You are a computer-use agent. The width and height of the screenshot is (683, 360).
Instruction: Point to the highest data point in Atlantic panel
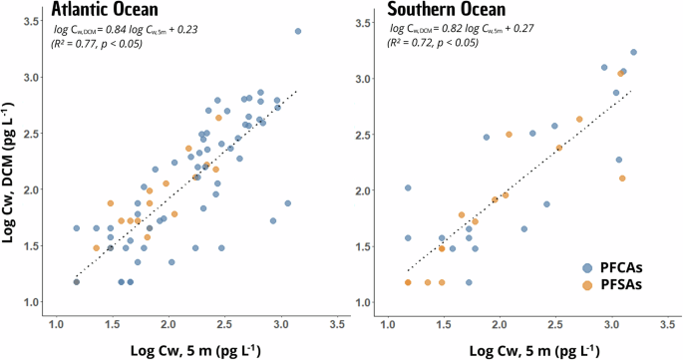click(298, 31)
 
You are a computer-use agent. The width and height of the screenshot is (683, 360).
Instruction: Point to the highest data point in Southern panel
click(633, 52)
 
